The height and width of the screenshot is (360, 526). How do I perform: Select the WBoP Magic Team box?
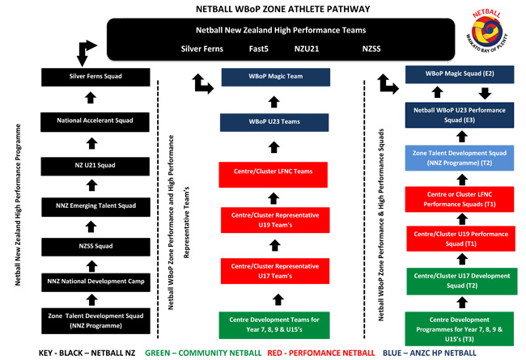point(276,77)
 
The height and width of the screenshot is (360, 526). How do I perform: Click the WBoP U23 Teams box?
point(276,122)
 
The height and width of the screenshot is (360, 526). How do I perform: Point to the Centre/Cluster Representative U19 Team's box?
point(276,221)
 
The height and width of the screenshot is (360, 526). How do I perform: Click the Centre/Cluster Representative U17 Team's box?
point(276,271)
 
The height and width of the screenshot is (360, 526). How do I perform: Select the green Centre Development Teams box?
point(276,325)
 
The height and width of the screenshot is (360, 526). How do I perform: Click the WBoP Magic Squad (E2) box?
point(460,74)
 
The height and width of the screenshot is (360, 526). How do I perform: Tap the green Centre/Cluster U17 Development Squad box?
point(460,281)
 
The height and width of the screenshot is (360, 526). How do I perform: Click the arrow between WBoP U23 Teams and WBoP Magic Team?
point(276,100)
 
